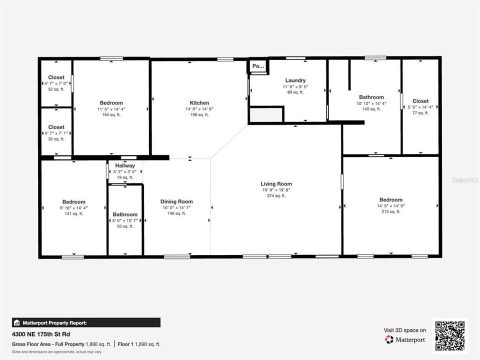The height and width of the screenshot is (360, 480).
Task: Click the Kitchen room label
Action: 199,103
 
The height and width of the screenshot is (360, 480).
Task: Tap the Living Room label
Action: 276,184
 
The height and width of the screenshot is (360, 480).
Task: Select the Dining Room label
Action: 177,201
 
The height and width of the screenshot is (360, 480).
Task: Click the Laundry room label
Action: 295,80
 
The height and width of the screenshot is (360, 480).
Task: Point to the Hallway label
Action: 125,165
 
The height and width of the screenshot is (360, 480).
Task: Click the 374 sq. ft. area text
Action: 276,195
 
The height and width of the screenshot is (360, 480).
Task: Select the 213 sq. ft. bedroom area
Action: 390,211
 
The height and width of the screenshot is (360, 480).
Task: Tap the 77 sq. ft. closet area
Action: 420,113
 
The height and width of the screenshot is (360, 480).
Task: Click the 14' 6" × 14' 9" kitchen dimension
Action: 199,109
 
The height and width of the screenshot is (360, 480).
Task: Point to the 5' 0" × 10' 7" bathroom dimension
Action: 125,220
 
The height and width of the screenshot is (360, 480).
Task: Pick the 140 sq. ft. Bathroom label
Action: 371,97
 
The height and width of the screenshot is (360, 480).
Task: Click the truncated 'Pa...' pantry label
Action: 258,66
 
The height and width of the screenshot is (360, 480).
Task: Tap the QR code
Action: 450,335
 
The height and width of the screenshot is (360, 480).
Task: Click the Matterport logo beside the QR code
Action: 405,339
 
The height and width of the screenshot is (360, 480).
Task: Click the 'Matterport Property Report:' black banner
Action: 86,322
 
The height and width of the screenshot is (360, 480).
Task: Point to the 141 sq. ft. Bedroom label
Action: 73,202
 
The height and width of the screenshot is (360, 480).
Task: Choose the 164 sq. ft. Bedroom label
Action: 111,103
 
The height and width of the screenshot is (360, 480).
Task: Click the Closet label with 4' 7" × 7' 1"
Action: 56,127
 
